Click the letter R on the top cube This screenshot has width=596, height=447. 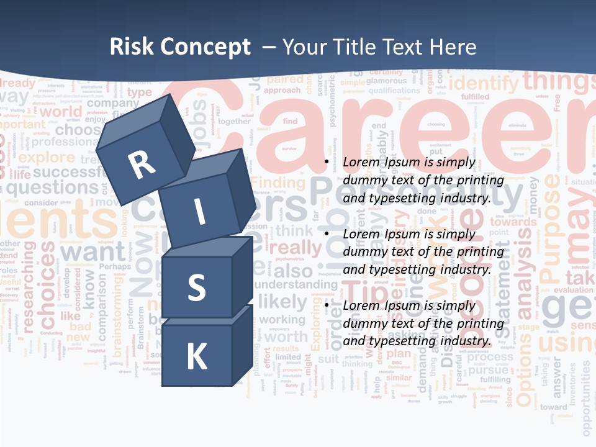click(142, 166)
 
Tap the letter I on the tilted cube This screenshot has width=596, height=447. click(199, 213)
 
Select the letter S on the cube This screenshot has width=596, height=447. click(196, 287)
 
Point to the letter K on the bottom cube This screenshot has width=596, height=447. click(196, 357)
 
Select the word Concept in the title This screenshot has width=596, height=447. click(205, 48)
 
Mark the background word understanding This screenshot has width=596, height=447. click(296, 284)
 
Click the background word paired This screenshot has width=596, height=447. click(285, 79)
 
